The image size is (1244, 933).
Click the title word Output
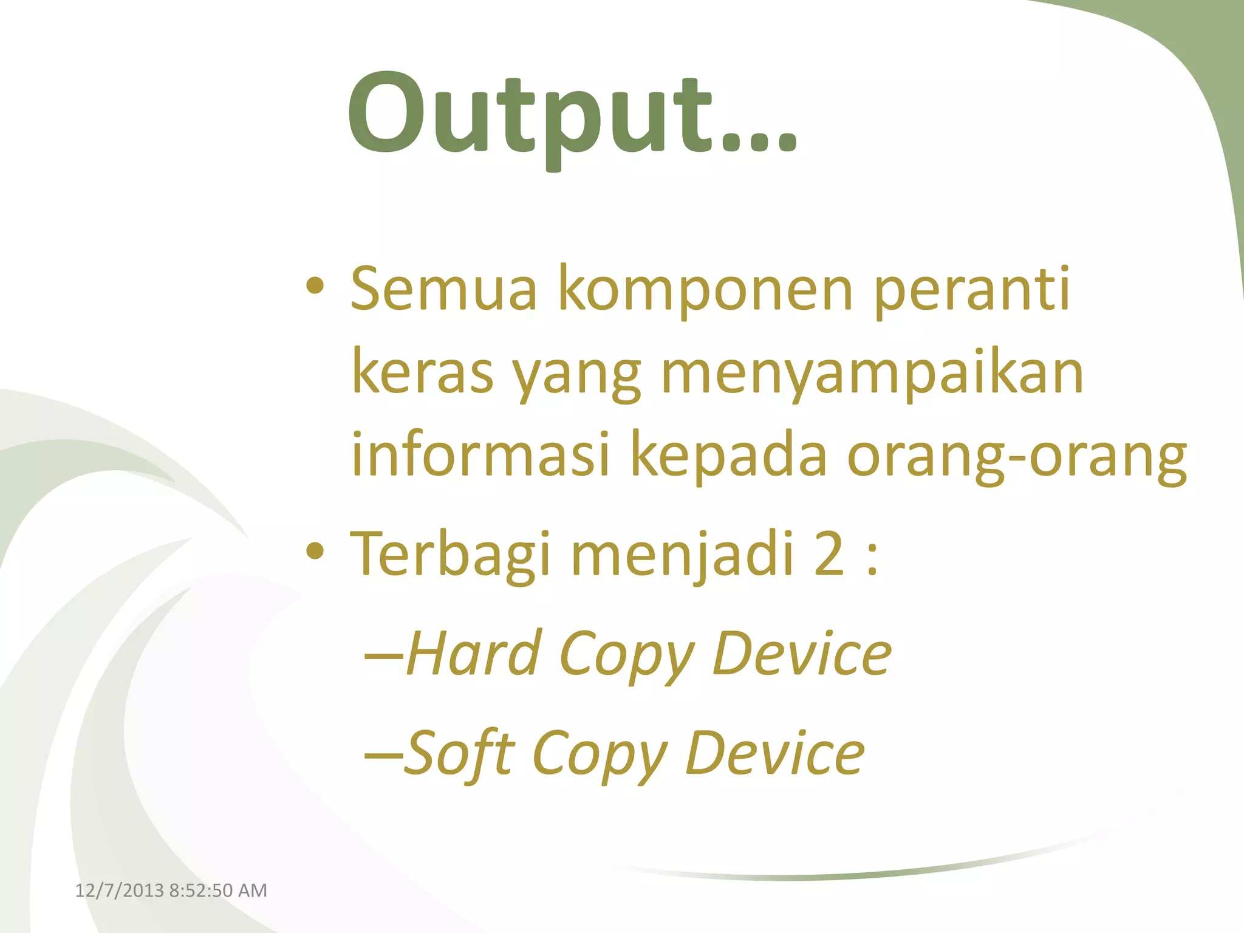point(571,115)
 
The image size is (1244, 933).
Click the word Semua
point(444,289)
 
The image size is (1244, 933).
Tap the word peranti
point(972,289)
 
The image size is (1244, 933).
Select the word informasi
point(480,454)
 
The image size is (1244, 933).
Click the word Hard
point(474,654)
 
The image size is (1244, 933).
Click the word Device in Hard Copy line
point(801,654)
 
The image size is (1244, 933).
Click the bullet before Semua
point(315,285)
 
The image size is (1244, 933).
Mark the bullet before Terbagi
point(315,551)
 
